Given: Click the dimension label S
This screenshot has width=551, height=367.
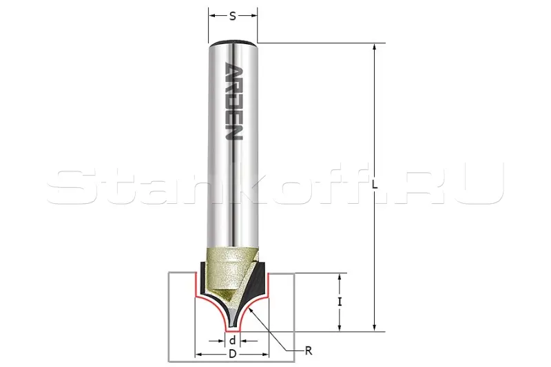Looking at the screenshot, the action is click(233, 16).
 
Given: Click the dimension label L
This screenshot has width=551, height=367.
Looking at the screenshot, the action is click(375, 185).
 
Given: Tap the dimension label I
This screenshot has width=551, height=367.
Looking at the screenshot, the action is click(340, 302).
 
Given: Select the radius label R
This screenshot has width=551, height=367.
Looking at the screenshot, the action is click(309, 350).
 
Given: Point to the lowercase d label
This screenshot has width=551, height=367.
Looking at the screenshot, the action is click(232, 340).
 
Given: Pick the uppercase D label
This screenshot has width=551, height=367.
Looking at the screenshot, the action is click(232, 354).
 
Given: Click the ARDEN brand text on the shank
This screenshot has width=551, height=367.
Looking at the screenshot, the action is click(233, 101).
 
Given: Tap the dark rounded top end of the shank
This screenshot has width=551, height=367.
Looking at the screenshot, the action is click(233, 42).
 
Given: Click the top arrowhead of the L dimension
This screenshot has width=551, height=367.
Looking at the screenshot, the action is click(375, 48).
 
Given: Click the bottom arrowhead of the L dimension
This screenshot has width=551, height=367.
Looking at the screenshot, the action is click(375, 326).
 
